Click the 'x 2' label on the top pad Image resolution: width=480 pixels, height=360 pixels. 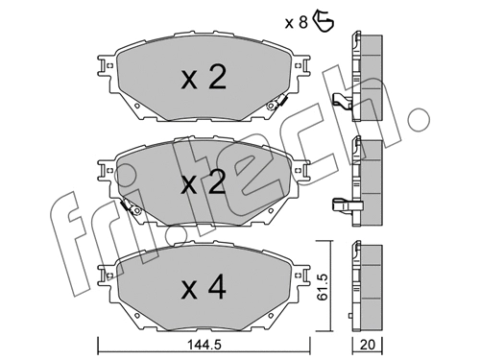tap(203, 79)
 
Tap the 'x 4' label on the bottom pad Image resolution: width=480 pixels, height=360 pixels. tap(203, 286)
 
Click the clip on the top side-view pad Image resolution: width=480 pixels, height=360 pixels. tap(342, 101)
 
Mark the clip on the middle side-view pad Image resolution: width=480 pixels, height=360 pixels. tap(342, 203)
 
